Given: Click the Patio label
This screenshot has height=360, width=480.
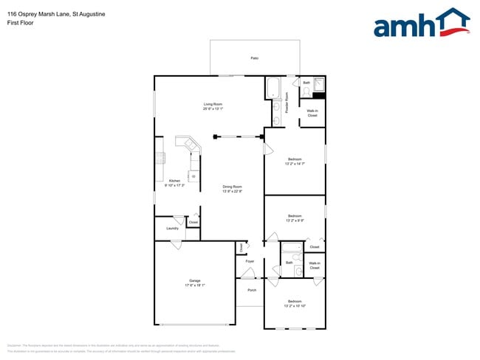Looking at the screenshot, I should tap(254, 58).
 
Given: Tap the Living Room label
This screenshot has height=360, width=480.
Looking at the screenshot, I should tap(213, 106).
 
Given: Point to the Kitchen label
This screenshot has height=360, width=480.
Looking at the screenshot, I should tap(174, 182).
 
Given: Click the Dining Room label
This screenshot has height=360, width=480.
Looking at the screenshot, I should tap(233, 189).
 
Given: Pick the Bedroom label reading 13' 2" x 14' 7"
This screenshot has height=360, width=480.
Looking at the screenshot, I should tap(295, 161).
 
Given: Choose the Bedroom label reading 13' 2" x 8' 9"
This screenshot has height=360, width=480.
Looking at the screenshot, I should tap(295, 218).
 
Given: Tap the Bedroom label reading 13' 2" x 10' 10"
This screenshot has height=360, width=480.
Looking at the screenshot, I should tap(295, 303).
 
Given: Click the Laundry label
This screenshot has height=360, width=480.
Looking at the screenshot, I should tap(171, 229).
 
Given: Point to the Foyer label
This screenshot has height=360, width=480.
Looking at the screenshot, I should tap(250, 261).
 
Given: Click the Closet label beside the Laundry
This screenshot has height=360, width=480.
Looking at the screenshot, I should tap(193, 222).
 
